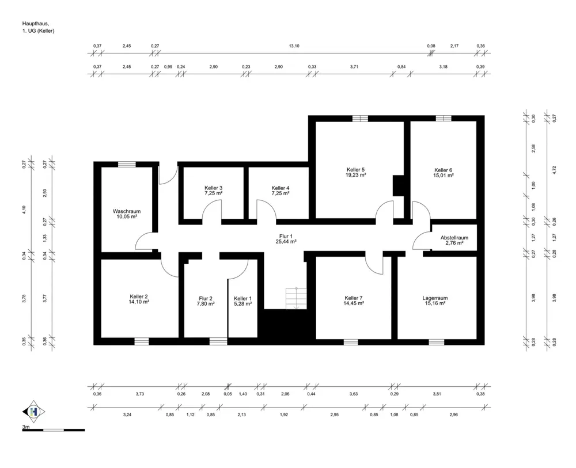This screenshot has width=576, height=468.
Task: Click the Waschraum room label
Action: click(127, 211)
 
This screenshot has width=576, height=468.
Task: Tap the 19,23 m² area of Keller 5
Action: click(355, 175)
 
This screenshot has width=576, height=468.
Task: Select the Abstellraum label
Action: click(454, 238)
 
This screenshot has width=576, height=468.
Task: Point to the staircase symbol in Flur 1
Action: click(296, 298)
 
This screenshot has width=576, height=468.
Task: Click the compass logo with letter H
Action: click(34, 412)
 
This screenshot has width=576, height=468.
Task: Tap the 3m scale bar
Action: click(54, 430)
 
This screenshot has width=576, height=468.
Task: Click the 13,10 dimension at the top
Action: click(294, 46)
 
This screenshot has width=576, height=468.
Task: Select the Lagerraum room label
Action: click(435, 298)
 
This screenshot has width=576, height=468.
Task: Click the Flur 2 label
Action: click(206, 298)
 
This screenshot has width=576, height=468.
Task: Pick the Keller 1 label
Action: click(243, 298)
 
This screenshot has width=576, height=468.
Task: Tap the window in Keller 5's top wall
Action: click(360, 118)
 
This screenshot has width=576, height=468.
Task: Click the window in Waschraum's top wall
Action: click(127, 164)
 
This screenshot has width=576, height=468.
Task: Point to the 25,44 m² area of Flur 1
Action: click(286, 242)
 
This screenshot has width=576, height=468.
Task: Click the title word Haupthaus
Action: click(36, 24)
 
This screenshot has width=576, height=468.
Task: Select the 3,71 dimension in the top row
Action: click(354, 67)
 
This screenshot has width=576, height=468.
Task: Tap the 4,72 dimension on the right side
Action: click(555, 170)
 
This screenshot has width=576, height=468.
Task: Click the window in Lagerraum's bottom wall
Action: click(437, 342)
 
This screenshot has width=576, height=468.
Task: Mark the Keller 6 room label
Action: click(444, 170)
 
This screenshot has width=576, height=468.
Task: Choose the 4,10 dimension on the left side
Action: click(24, 210)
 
